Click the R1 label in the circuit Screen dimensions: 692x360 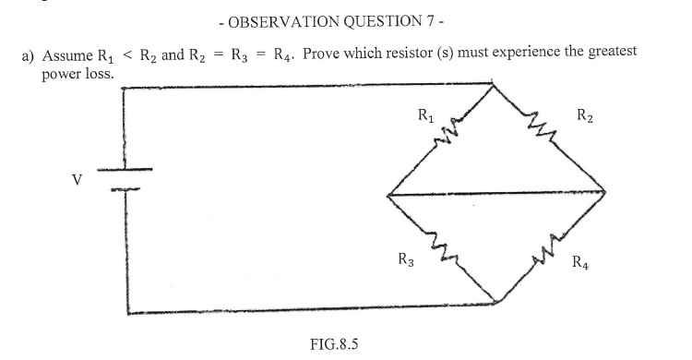click(425, 116)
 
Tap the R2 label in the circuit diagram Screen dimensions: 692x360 click(584, 116)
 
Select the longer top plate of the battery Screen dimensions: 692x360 click(124, 171)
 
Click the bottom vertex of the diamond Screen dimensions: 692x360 click(495, 301)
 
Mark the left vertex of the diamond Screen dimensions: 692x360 click(388, 194)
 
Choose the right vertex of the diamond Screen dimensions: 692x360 click(605, 192)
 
